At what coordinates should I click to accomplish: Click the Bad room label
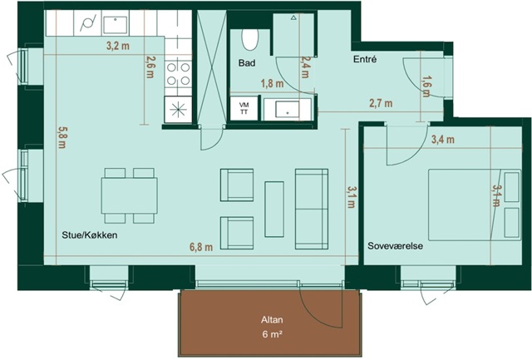click(247, 62)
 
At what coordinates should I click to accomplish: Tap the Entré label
click(365, 59)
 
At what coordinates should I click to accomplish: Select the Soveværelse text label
click(396, 245)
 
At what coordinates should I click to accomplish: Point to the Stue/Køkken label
click(90, 234)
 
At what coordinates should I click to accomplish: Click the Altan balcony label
click(272, 319)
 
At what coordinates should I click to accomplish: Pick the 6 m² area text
click(273, 334)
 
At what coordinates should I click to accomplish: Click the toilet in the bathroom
click(250, 39)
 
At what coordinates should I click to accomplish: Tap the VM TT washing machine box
click(244, 109)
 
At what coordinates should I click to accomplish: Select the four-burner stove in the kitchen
click(178, 74)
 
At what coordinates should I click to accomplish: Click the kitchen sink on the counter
click(116, 24)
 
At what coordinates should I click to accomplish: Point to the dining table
click(130, 195)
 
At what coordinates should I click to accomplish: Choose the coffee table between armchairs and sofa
click(274, 209)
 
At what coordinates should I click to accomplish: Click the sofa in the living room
click(312, 209)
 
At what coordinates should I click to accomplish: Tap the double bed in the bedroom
click(475, 205)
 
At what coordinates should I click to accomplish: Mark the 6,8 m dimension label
click(201, 247)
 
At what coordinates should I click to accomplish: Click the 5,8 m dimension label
click(62, 137)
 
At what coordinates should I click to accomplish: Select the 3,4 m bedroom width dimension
click(443, 139)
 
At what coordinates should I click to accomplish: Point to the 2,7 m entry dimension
click(381, 103)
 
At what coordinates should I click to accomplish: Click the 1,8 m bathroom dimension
click(272, 83)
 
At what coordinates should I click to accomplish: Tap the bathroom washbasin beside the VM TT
click(288, 109)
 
